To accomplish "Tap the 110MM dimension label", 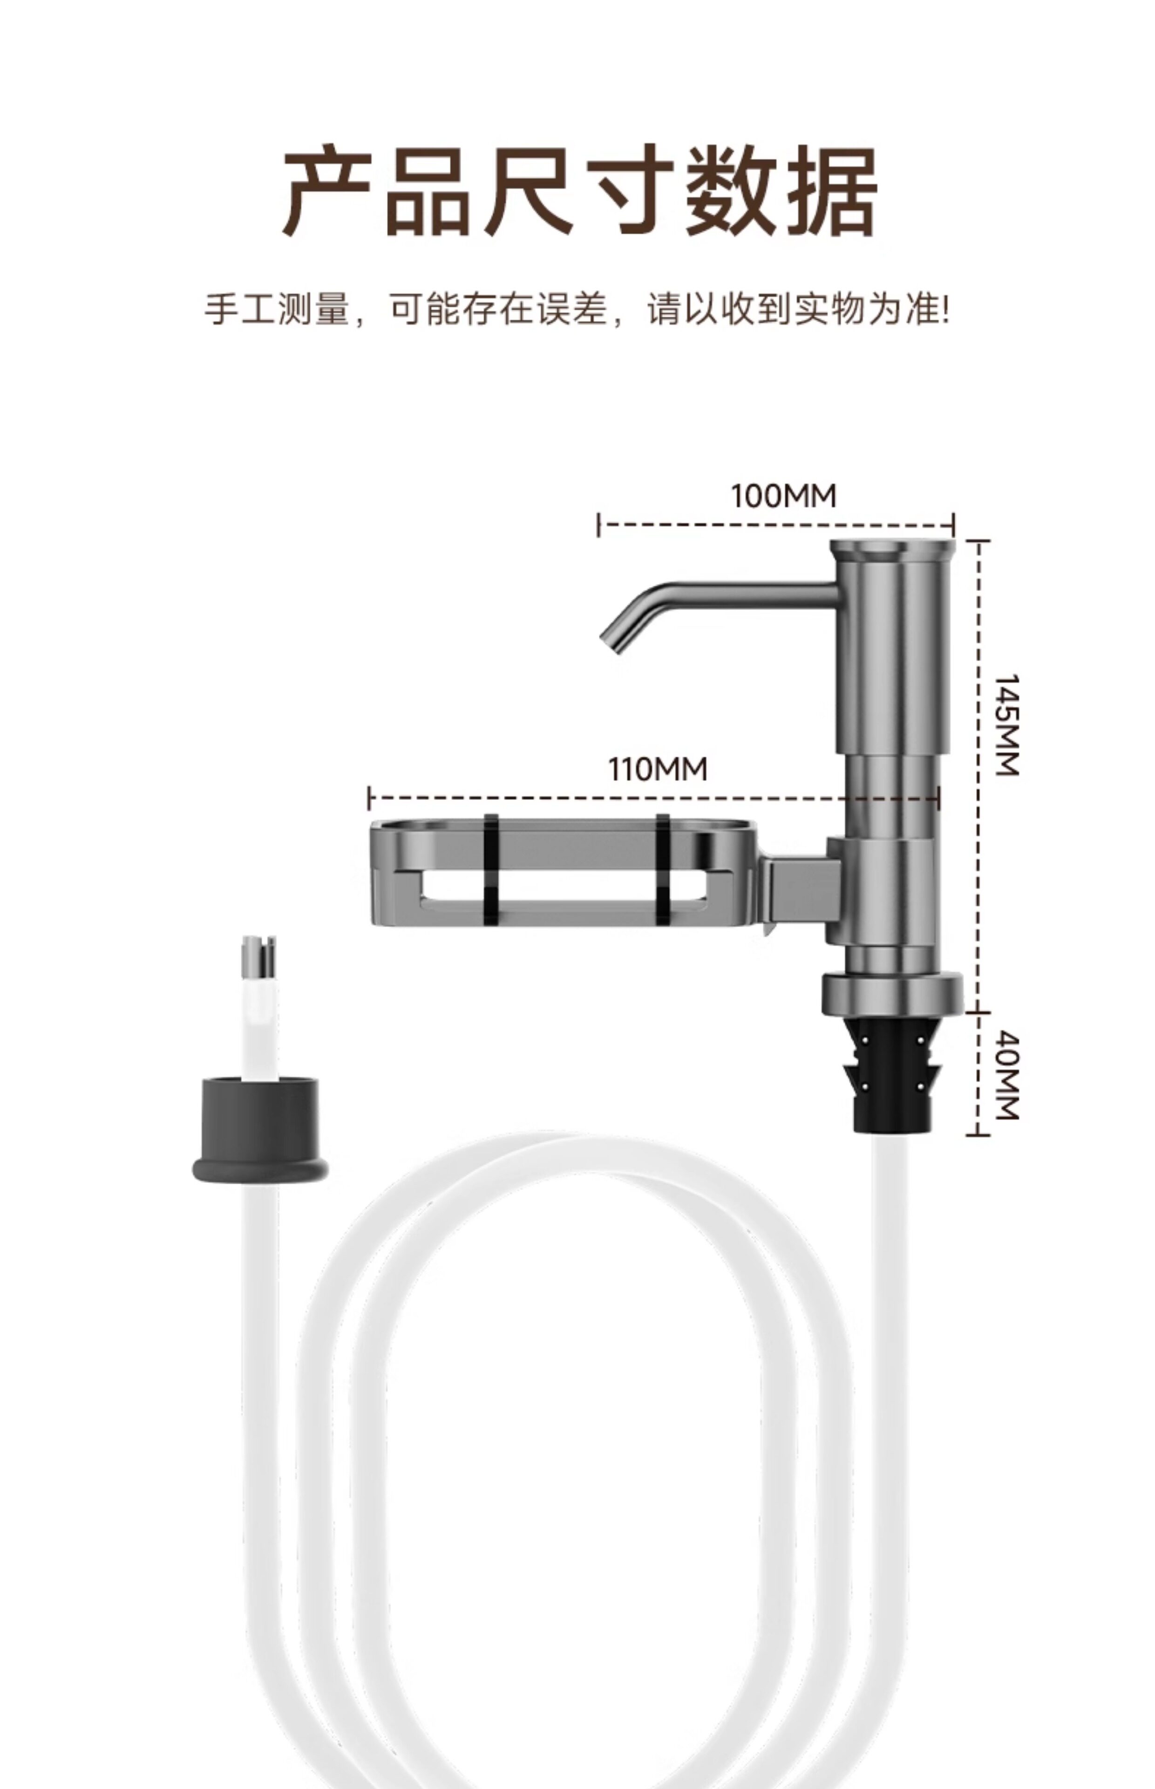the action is [657, 770].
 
